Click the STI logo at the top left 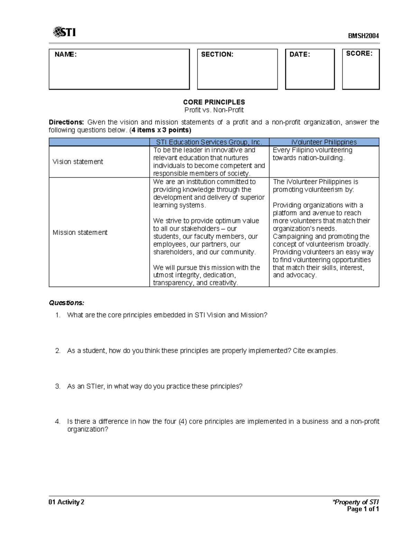tap(64, 32)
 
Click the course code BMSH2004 tap(363, 36)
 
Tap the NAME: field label tap(66, 54)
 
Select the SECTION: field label tap(217, 54)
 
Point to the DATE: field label tap(299, 54)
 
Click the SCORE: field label tap(359, 54)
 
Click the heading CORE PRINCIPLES tap(214, 102)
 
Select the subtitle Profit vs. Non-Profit tap(214, 110)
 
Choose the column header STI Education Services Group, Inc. tap(209, 142)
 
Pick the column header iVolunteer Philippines tap(324, 142)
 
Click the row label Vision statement tap(78, 162)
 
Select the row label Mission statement tap(80, 232)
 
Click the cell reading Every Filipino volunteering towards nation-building tap(312, 154)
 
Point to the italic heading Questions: tap(66, 303)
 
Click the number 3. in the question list tap(58, 386)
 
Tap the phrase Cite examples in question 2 tap(314, 351)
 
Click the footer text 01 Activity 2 tap(66, 502)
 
